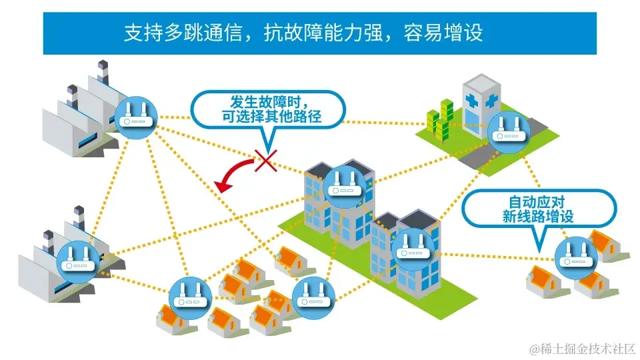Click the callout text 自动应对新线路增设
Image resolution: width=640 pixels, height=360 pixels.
pos(538,209)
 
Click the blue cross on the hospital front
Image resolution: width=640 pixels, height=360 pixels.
pos(491,103)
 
